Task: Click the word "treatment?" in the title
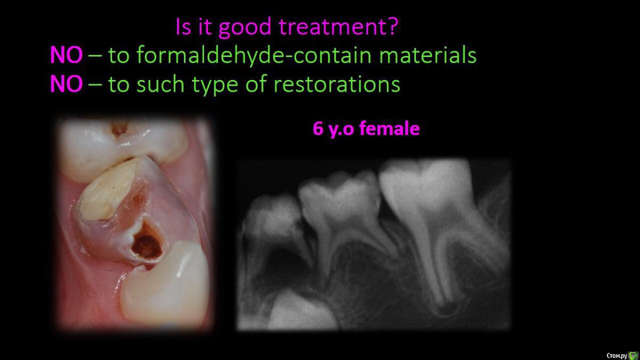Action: point(338,26)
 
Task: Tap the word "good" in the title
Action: point(245,28)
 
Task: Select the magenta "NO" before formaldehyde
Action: point(66,55)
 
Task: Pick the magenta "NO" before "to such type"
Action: point(66,84)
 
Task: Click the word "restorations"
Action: point(337,84)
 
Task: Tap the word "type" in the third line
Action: point(215,86)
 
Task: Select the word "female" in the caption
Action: point(389,129)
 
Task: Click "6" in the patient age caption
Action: point(318,129)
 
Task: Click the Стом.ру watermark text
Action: point(617,355)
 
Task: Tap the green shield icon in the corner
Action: point(633,355)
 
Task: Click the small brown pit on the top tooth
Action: point(119,128)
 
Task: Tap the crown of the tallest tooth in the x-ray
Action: point(426,186)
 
